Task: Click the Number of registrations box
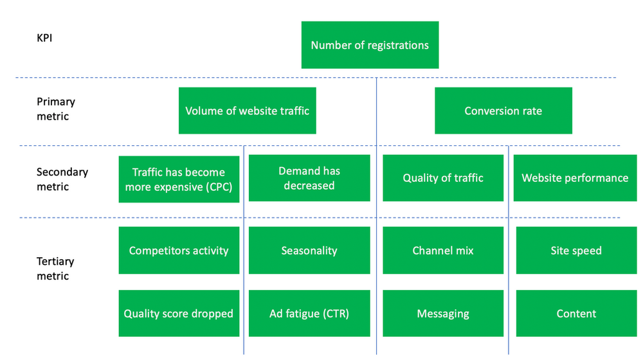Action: coord(370,45)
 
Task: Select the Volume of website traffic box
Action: coord(247,111)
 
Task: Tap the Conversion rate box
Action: coord(503,111)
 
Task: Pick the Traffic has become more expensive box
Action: coord(178,179)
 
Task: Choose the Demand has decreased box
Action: coord(309,178)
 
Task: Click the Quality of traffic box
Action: coord(443,178)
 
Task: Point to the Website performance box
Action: coord(575,178)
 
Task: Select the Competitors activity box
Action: coord(178,250)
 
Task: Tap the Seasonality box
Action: coord(309,250)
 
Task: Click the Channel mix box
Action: coord(443,250)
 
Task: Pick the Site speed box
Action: coord(576,250)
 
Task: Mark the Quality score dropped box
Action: coord(178,314)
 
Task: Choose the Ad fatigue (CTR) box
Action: coord(309,314)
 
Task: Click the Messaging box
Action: coord(443,314)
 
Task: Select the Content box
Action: coord(576,314)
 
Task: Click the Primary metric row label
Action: coord(56,109)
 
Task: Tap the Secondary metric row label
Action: coord(62,179)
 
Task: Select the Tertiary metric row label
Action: coord(55,269)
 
